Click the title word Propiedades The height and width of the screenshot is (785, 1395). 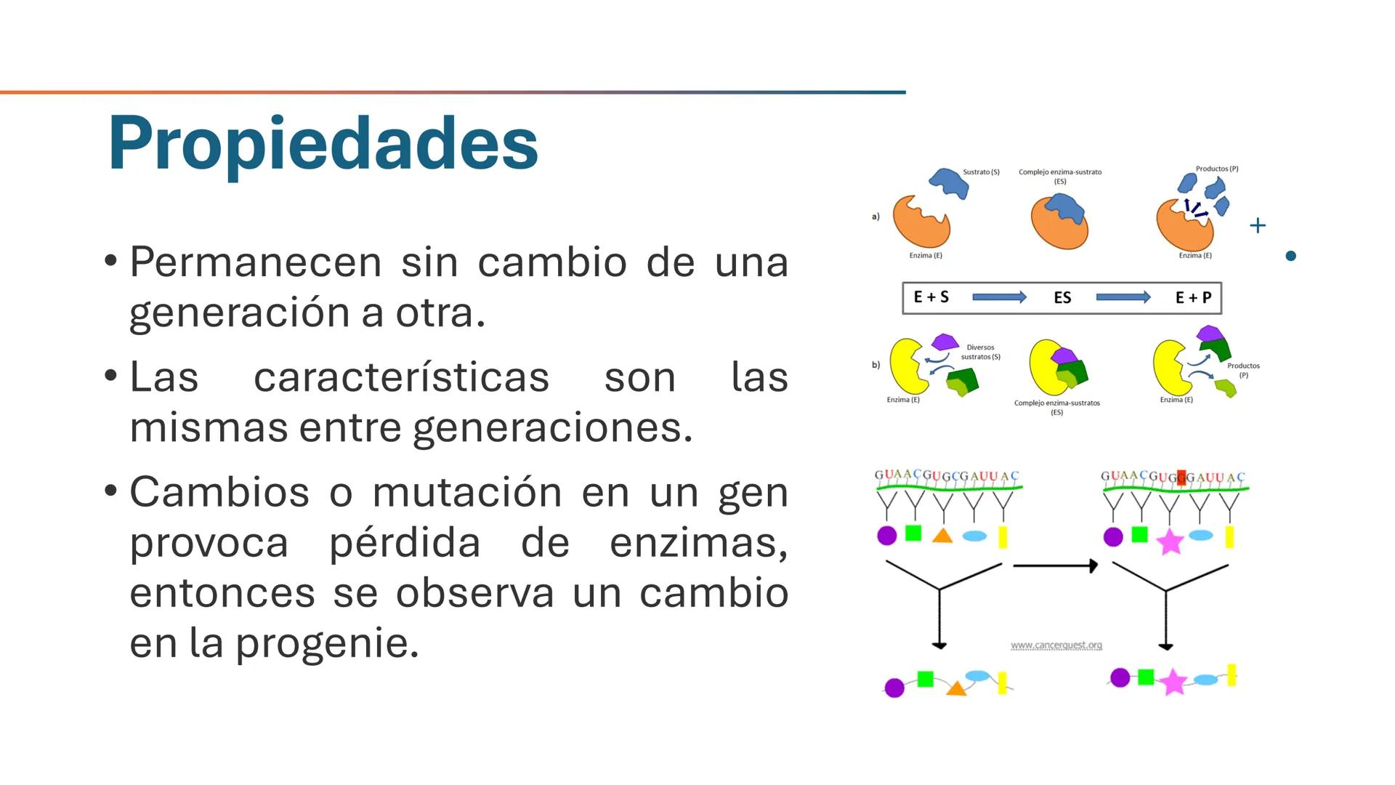(323, 143)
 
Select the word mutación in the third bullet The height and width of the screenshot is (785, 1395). (466, 492)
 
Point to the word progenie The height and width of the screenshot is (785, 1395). (327, 643)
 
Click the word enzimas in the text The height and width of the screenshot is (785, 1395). (697, 542)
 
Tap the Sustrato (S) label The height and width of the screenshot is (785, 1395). (981, 172)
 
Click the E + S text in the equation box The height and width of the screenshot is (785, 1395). (931, 297)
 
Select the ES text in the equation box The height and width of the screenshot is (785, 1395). (1062, 298)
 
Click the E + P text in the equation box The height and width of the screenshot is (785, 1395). (1193, 298)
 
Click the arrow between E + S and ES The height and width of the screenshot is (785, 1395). (999, 297)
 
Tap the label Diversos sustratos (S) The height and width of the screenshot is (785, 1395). (980, 352)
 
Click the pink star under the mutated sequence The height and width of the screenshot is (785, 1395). (1170, 542)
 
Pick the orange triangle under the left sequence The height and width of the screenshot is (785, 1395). (942, 536)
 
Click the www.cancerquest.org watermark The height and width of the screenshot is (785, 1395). (1056, 645)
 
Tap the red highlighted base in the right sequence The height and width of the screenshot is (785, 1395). (1181, 478)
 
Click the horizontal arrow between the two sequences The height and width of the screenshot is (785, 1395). (1055, 565)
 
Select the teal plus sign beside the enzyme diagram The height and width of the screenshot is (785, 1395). (1258, 225)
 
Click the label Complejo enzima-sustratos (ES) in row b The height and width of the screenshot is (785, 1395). (1057, 407)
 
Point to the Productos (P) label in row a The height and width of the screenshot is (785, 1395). (1217, 169)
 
